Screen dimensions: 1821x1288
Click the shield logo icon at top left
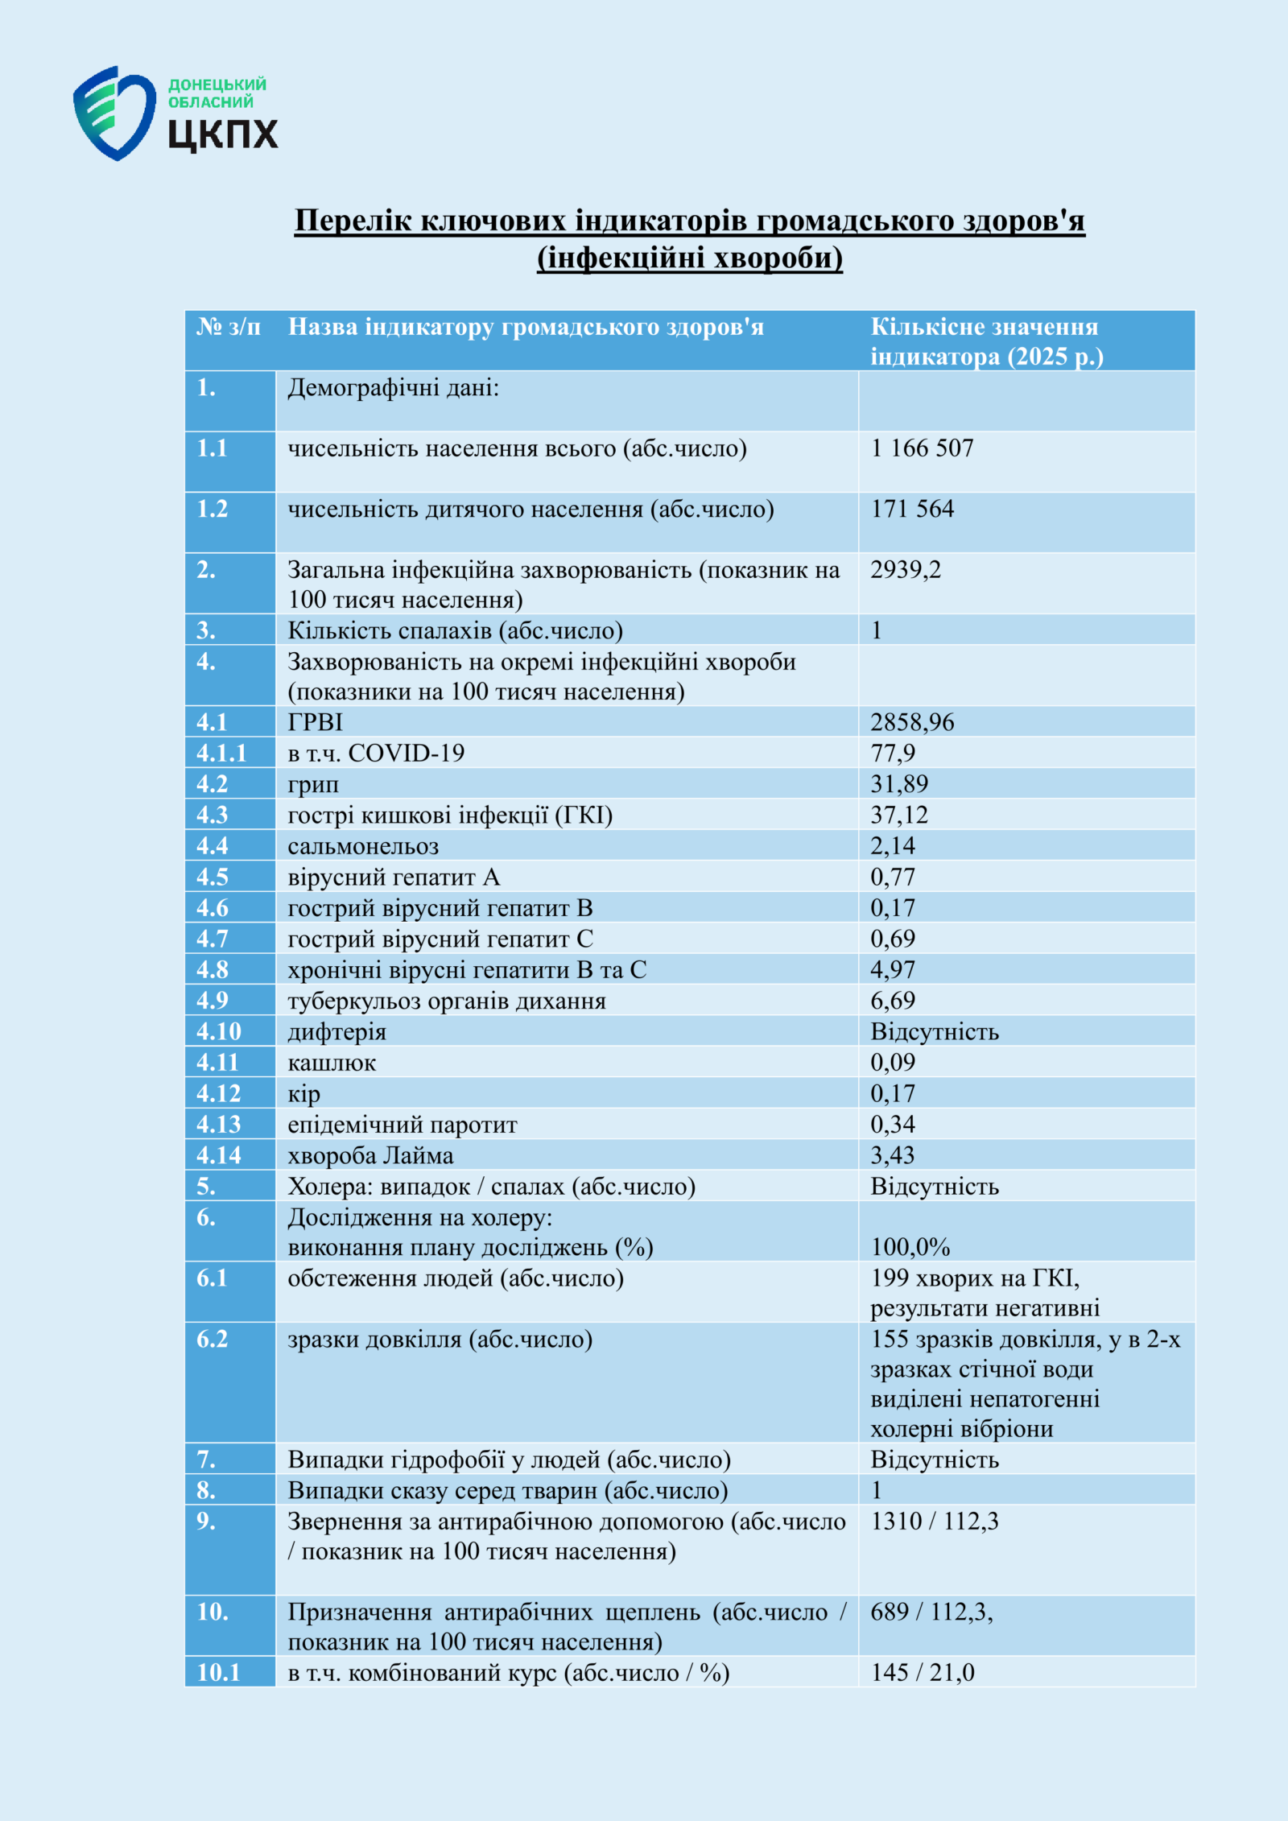click(x=114, y=113)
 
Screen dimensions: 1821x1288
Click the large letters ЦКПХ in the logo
click(x=223, y=134)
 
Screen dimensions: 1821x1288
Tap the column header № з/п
click(x=229, y=327)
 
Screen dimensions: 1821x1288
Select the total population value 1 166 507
click(x=923, y=448)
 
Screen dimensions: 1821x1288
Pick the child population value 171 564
click(x=912, y=509)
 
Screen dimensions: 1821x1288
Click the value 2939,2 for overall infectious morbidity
click(x=906, y=570)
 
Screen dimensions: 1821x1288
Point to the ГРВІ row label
click(x=316, y=722)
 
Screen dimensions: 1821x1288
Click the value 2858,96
click(x=912, y=722)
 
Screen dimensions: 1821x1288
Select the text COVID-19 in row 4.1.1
click(x=406, y=754)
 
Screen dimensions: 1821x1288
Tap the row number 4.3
click(x=213, y=815)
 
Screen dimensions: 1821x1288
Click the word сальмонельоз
click(x=363, y=846)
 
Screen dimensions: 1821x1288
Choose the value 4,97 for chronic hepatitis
click(x=893, y=970)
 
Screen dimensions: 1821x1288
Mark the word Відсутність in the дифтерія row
click(x=935, y=1032)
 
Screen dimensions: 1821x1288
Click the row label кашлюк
click(x=332, y=1063)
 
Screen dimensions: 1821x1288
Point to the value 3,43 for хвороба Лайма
click(x=893, y=1155)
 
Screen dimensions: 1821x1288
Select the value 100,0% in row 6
click(x=910, y=1247)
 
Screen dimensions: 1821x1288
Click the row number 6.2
click(x=213, y=1339)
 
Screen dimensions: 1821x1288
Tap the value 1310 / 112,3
click(x=935, y=1521)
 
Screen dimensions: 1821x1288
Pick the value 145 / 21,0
click(x=923, y=1672)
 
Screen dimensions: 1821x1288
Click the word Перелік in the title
click(x=353, y=220)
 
